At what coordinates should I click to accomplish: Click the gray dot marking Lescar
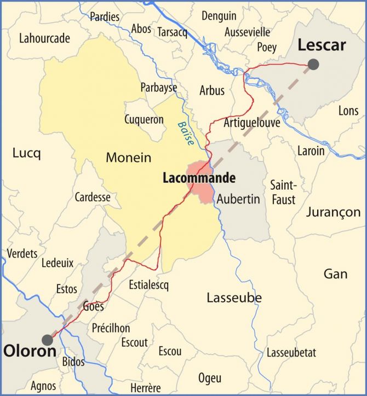313,65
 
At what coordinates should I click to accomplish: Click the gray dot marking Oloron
48,340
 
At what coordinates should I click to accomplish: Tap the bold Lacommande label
199,178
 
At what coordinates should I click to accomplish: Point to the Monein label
128,158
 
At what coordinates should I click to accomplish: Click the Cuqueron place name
144,119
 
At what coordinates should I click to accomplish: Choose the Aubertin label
238,199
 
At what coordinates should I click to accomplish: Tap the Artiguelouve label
252,123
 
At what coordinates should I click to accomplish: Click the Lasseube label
234,298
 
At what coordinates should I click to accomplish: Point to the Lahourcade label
44,38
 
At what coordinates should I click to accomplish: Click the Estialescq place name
149,285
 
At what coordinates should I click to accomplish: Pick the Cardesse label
93,197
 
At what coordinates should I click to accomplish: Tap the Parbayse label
159,88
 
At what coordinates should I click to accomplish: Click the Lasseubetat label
291,353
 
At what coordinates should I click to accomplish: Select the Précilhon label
111,328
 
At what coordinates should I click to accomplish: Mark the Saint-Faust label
283,192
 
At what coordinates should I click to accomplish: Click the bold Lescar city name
322,45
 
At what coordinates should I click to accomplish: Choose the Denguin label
219,16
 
